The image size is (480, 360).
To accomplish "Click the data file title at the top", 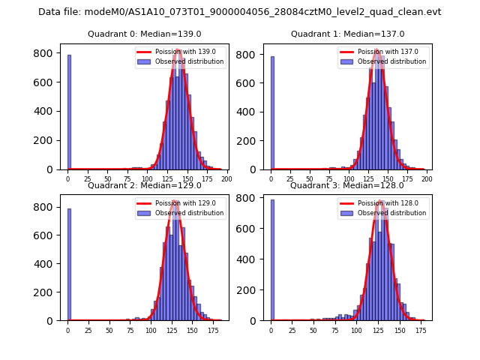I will pyautogui.click(x=240, y=12).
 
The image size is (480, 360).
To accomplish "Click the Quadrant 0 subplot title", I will pyautogui.click(x=144, y=34).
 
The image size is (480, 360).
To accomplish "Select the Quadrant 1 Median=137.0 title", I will pyautogui.click(x=347, y=34).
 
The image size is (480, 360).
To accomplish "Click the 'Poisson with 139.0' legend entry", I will pyautogui.click(x=181, y=52).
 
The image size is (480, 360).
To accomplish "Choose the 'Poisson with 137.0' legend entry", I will pyautogui.click(x=384, y=52).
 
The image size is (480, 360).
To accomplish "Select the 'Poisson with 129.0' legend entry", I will pyautogui.click(x=181, y=203).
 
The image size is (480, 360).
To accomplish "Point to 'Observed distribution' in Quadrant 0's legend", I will pyautogui.click(x=189, y=61).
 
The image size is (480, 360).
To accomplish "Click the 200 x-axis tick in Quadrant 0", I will pyautogui.click(x=226, y=179).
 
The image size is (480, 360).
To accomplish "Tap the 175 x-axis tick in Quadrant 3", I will pyautogui.click(x=423, y=330).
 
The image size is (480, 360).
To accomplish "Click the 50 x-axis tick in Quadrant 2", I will pyautogui.click(x=109, y=330).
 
